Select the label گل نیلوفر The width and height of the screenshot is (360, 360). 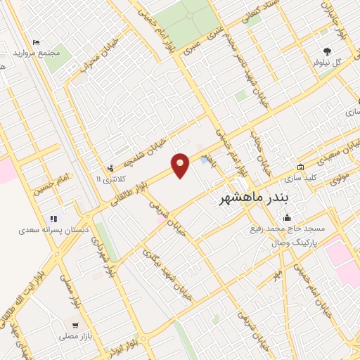coord(327,61)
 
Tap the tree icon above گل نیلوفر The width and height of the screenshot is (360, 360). coord(327,50)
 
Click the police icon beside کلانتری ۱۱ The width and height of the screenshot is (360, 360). coord(110,168)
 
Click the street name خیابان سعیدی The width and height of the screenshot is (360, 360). coord(328,157)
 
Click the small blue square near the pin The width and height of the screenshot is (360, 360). coord(204,160)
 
